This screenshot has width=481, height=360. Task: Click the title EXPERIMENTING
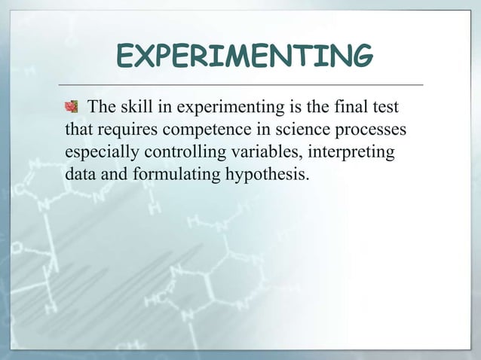click(244, 55)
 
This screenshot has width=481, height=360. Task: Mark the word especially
click(100, 154)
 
